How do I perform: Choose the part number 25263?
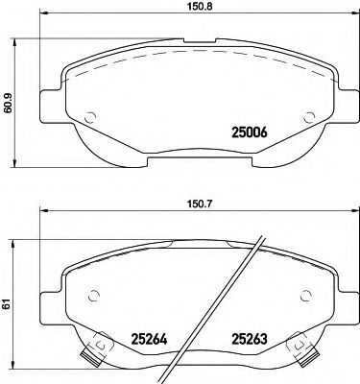click(x=252, y=337)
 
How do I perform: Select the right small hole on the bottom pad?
click(x=308, y=296)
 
